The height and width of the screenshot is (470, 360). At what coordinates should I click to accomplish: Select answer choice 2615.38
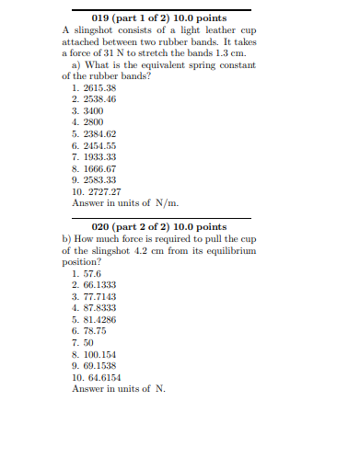[99, 87]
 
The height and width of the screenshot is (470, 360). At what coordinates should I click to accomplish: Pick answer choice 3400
[93, 110]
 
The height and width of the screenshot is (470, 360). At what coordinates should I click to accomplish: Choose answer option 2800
[93, 122]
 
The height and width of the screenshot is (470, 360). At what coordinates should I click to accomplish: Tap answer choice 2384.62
[99, 134]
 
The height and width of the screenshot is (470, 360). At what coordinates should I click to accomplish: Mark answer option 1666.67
[99, 169]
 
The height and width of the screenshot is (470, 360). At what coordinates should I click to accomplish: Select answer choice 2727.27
[102, 192]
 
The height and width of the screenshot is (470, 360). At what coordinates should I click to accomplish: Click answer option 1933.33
[99, 157]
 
